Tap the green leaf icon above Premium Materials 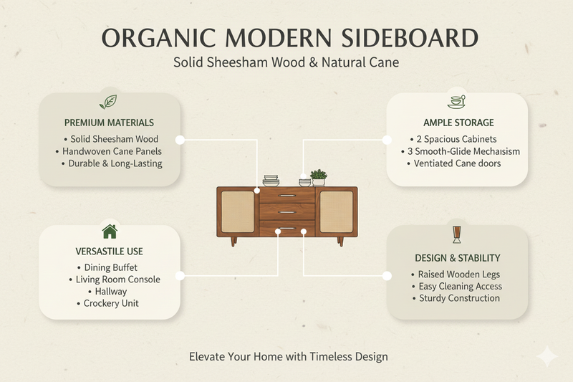click(x=108, y=101)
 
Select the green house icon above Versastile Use click(x=110, y=231)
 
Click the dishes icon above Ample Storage click(x=457, y=102)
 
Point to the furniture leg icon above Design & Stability click(x=457, y=235)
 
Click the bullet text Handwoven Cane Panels click(x=109, y=151)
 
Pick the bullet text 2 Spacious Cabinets click(x=457, y=139)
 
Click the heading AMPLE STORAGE click(x=458, y=123)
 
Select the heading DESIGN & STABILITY click(x=457, y=257)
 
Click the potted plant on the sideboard click(x=319, y=177)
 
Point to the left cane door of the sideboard click(x=238, y=211)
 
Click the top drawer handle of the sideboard click(x=286, y=196)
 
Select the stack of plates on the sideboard click(x=271, y=181)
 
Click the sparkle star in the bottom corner click(x=547, y=356)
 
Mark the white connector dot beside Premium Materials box click(x=180, y=140)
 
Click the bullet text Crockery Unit click(x=109, y=303)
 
